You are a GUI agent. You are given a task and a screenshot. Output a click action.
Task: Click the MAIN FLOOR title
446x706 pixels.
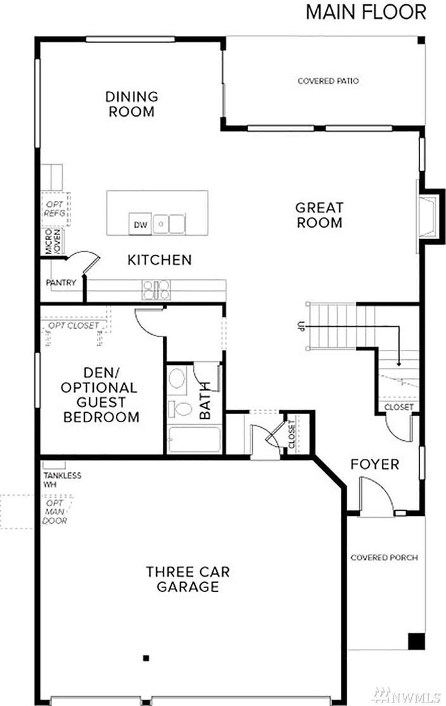coord(366,12)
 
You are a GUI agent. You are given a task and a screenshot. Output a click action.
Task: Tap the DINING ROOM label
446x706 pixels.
coord(131,105)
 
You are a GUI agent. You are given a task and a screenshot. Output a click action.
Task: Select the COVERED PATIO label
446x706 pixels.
coord(328,81)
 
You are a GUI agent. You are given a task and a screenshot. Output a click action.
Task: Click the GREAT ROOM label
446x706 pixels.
coord(319,215)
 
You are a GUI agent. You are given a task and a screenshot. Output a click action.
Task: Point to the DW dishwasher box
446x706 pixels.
coord(140,224)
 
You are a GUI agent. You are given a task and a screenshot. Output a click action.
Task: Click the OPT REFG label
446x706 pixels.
coord(51,209)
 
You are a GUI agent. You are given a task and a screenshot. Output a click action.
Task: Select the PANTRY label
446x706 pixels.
coord(61,283)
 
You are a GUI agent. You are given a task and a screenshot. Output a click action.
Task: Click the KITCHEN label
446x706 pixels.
coord(159,260)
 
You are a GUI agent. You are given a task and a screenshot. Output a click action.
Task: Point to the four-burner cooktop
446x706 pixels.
coord(156,290)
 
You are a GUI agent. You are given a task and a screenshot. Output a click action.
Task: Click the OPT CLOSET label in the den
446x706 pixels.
coord(73,325)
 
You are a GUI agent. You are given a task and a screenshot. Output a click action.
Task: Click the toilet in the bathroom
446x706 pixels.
coord(182,409)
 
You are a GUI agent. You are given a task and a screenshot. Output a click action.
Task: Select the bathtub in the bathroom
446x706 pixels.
coord(194,440)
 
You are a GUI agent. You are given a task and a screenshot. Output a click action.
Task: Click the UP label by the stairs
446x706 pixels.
coord(296,327)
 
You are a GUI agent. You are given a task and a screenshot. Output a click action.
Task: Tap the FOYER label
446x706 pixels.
coord(375,465)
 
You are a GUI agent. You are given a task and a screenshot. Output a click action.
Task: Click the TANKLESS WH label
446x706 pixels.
coord(61,480)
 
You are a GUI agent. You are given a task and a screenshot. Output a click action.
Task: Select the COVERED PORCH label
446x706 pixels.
coord(384,558)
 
